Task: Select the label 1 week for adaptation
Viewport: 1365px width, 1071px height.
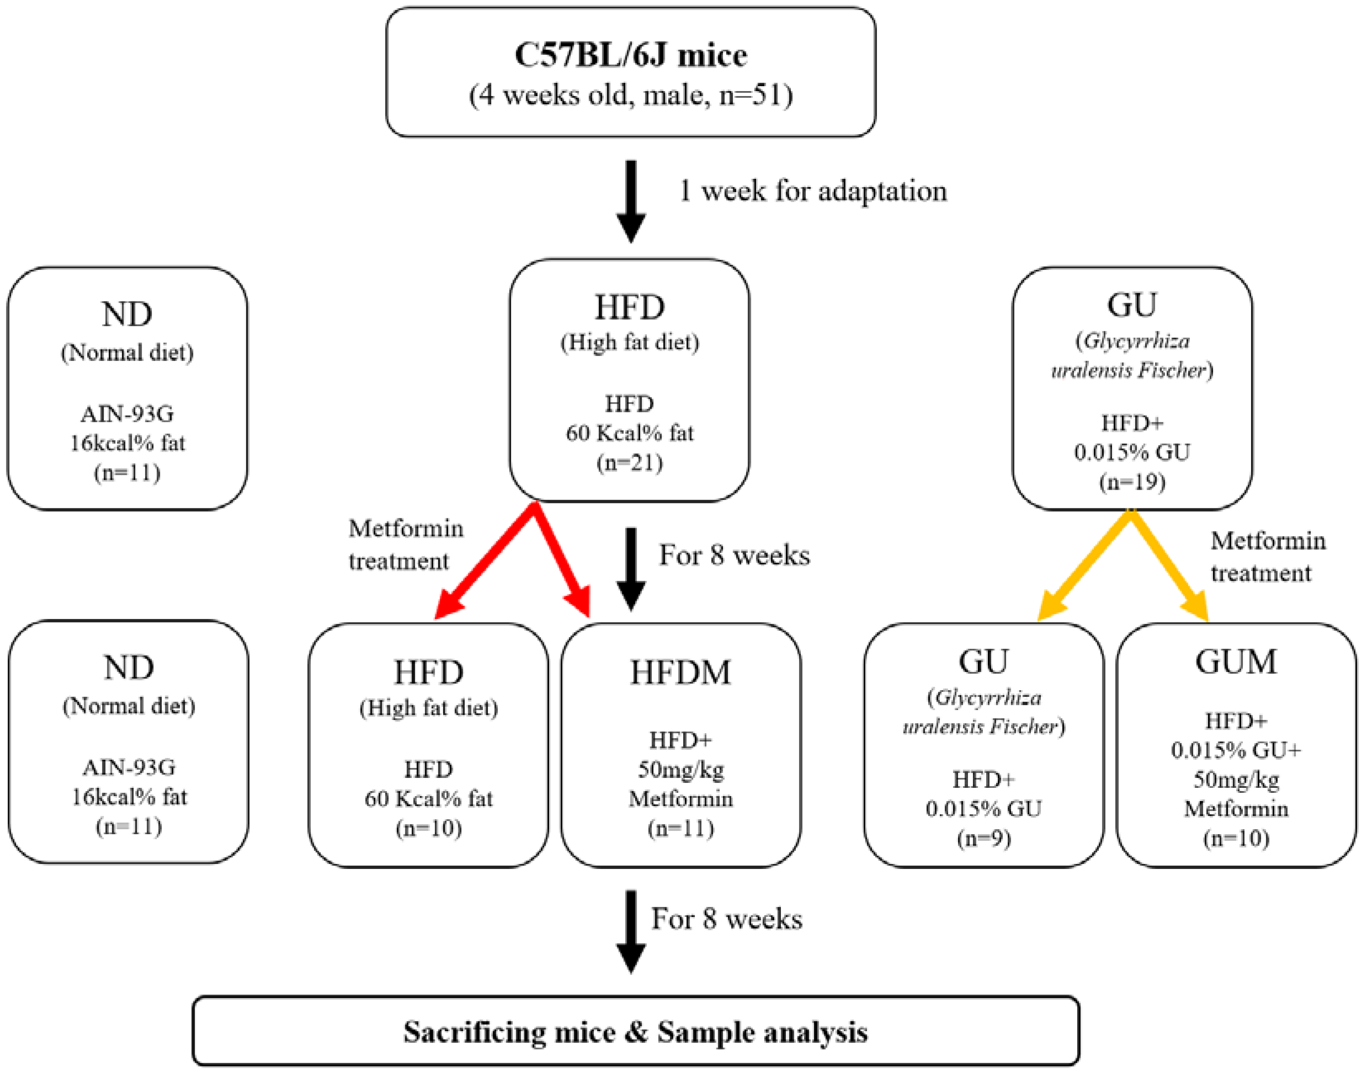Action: [x=813, y=190]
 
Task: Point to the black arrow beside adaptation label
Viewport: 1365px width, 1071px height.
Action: [x=631, y=201]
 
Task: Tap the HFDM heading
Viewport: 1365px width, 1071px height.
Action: [x=680, y=672]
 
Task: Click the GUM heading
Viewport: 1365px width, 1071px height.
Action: [x=1235, y=662]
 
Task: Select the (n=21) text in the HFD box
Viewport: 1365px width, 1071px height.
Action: [x=630, y=463]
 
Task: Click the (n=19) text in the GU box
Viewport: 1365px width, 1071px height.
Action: [x=1132, y=481]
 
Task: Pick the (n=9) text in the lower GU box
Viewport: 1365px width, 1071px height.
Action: [x=983, y=838]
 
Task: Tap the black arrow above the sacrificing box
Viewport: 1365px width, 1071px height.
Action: [x=631, y=931]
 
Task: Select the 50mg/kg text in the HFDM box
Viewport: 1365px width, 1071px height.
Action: [x=680, y=769]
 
